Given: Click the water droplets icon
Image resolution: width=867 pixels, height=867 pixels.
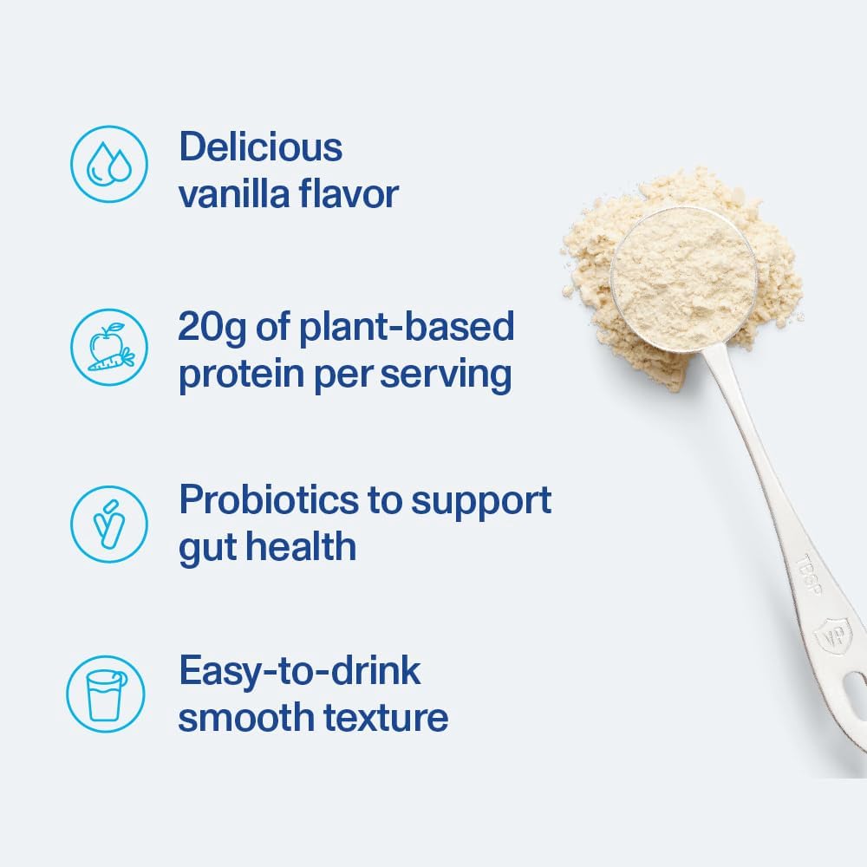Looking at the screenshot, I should (x=108, y=165).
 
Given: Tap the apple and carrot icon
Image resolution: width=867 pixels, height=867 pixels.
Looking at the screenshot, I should (x=108, y=347).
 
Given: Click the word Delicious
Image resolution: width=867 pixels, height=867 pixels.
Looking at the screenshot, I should (x=261, y=147).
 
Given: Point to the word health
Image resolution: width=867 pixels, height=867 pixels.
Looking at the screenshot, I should (x=301, y=547).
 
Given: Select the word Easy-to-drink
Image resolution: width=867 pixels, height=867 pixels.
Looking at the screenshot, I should (x=300, y=672).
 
